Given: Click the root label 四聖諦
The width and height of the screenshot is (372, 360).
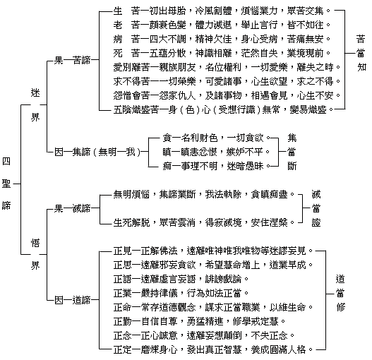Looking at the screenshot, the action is pyautogui.click(x=6, y=184).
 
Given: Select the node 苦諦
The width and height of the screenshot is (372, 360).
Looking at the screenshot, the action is pyautogui.click(x=81, y=60).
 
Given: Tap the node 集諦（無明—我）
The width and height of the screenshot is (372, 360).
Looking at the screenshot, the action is pyautogui.click(x=107, y=152).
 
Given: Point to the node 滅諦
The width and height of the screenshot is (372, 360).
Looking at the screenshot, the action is pyautogui.click(x=81, y=209).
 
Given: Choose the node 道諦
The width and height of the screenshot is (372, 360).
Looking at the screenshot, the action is pyautogui.click(x=81, y=300).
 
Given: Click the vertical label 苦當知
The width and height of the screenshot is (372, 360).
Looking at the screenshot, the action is pyautogui.click(x=361, y=53).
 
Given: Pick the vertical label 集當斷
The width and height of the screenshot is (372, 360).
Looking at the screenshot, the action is pyautogui.click(x=292, y=152).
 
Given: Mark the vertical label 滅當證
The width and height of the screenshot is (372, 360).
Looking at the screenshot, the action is pyautogui.click(x=316, y=209).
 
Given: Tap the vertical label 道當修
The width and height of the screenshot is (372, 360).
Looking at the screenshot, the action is pyautogui.click(x=340, y=294).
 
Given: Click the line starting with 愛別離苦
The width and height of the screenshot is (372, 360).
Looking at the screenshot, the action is pyautogui.click(x=227, y=67).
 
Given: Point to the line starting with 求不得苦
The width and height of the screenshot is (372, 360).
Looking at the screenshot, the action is pyautogui.click(x=227, y=81).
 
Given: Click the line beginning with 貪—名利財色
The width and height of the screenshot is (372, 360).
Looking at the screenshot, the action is pyautogui.click(x=217, y=138).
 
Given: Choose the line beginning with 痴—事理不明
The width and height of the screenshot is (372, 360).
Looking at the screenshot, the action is pyautogui.click(x=217, y=166).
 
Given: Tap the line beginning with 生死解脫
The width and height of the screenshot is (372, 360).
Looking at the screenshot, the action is pyautogui.click(x=204, y=222).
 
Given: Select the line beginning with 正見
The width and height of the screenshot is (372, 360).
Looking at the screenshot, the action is pyautogui.click(x=213, y=251).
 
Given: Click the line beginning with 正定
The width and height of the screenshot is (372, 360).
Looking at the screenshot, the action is pyautogui.click(x=213, y=349).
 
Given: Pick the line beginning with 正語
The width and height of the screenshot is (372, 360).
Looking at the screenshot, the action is pyautogui.click(x=181, y=279).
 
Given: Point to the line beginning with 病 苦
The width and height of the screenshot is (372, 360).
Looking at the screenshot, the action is pyautogui.click(x=222, y=39).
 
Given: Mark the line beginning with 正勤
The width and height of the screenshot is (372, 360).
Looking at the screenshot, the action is pyautogui.click(x=199, y=321).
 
